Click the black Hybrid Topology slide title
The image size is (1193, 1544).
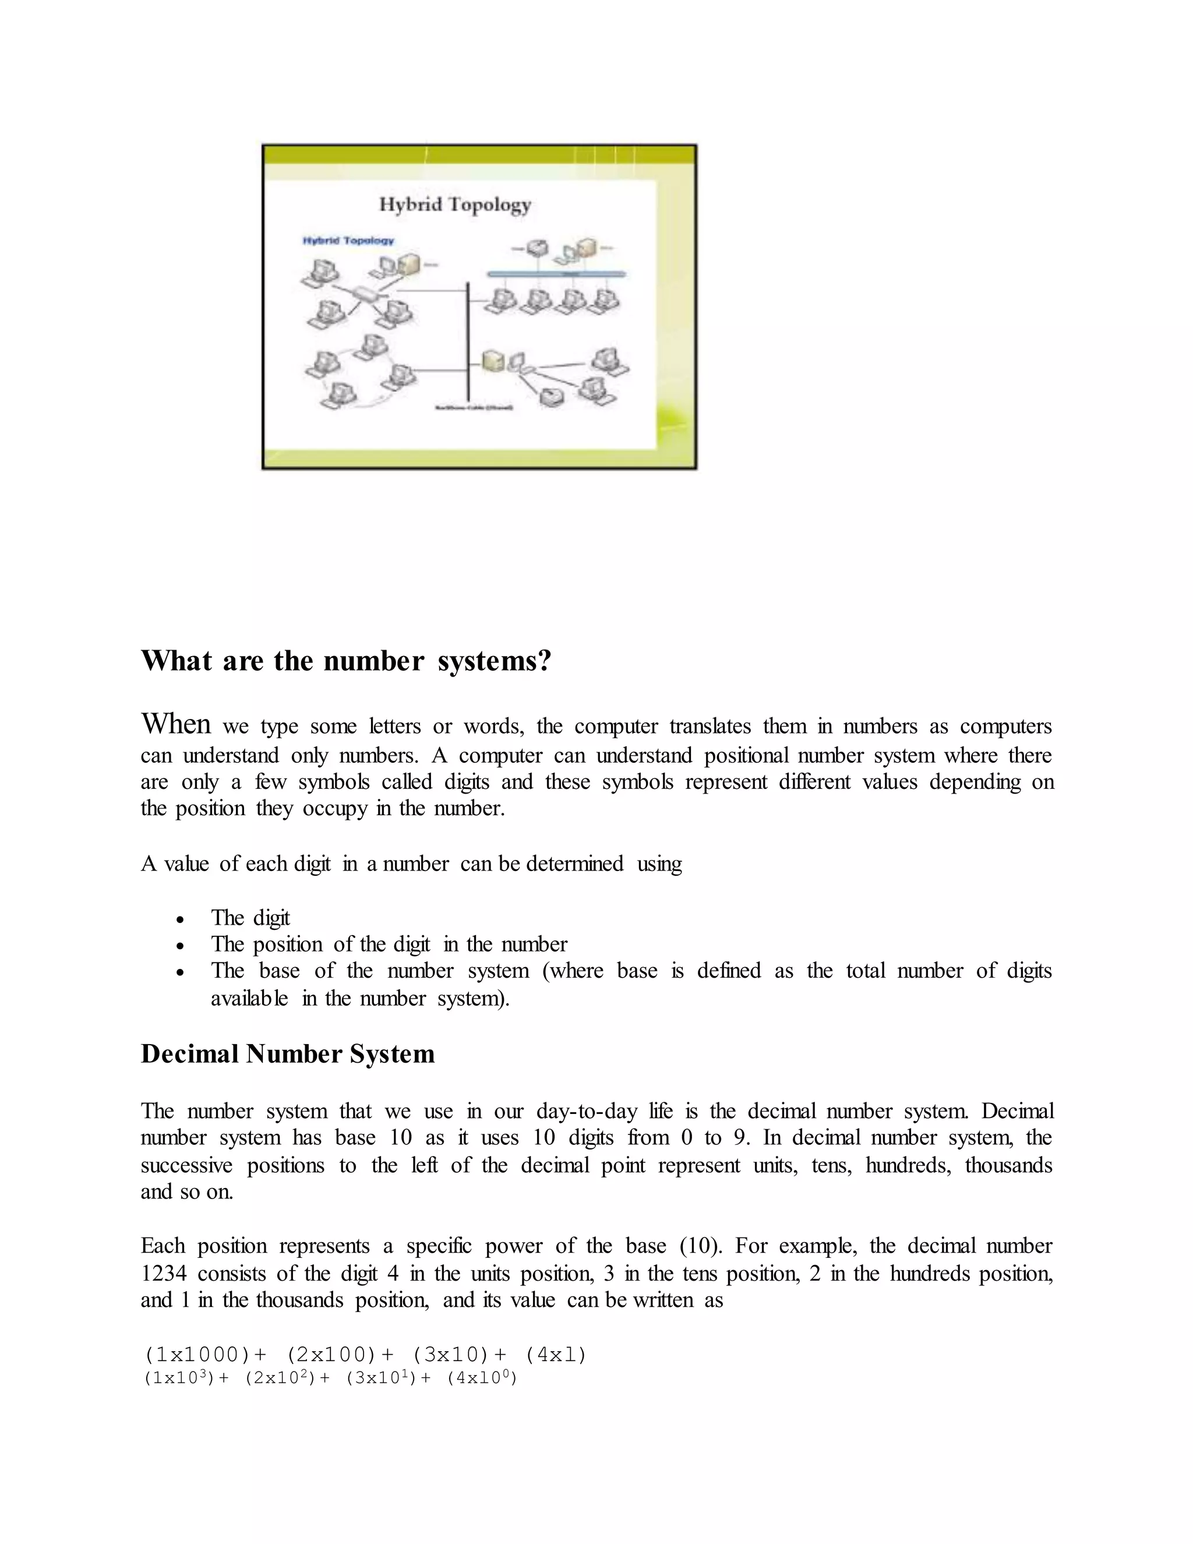455,205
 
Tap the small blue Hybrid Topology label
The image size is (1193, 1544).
348,241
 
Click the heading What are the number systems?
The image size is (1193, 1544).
345,661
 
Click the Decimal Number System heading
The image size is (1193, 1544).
288,1054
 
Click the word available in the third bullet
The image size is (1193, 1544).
249,998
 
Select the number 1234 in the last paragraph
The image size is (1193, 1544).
163,1274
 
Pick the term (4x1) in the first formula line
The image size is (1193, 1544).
556,1355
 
